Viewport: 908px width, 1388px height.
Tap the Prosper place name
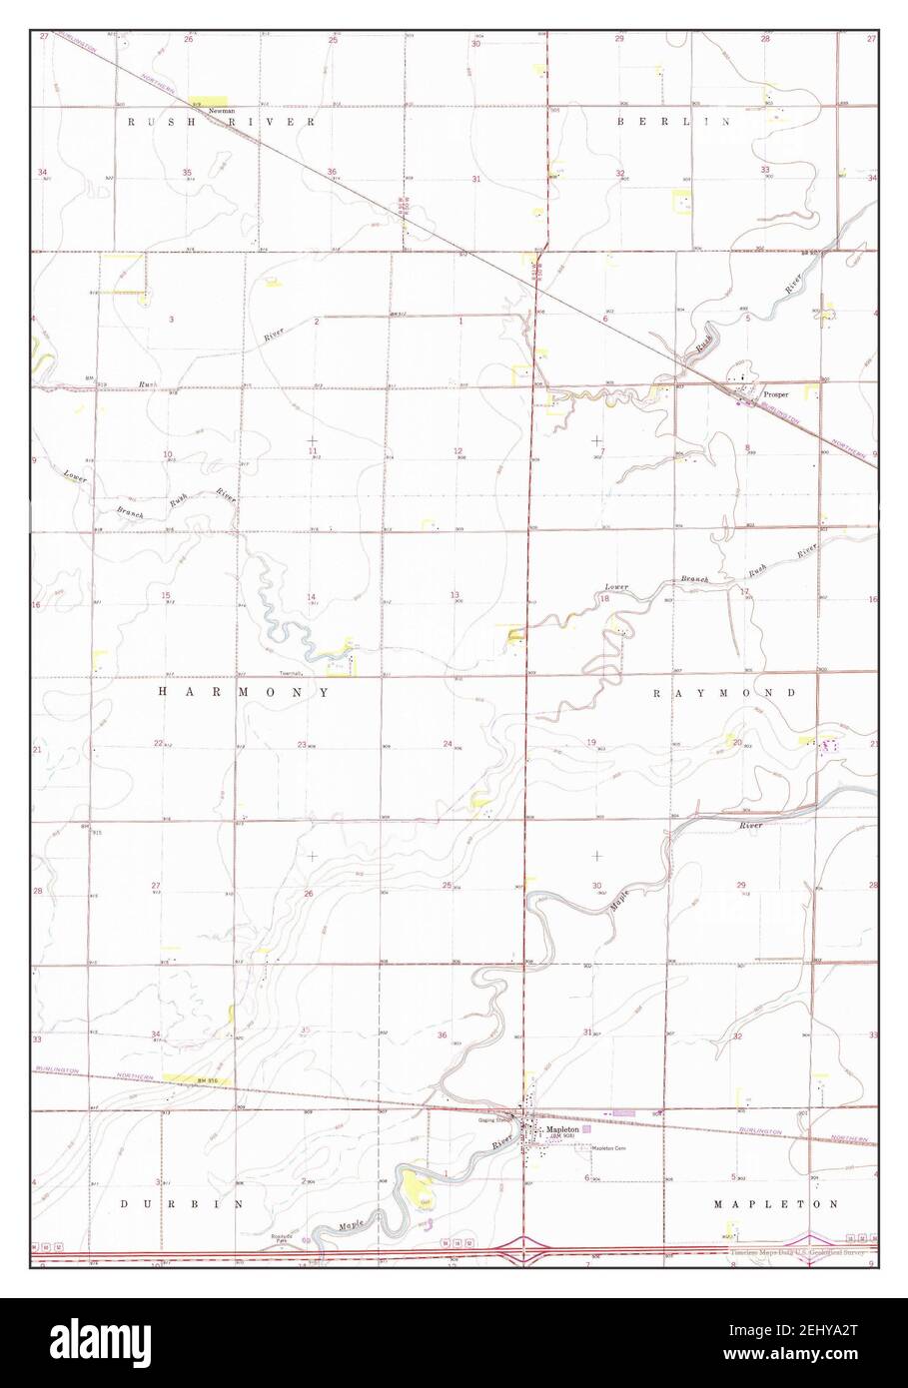pos(776,394)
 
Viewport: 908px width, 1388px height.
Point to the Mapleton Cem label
pos(607,1148)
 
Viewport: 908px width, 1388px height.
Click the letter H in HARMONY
pos(163,691)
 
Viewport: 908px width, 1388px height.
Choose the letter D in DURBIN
pos(124,1205)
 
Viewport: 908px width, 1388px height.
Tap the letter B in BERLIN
pos(620,121)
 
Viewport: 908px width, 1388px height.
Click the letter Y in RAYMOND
pos(679,692)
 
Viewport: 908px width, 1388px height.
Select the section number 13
pos(455,594)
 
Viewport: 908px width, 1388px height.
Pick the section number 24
pos(448,743)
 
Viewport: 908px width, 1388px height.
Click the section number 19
pos(591,742)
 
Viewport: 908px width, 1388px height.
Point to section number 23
pos(301,744)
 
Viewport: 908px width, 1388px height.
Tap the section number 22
pos(157,743)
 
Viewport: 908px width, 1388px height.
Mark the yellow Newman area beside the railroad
pos(207,101)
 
